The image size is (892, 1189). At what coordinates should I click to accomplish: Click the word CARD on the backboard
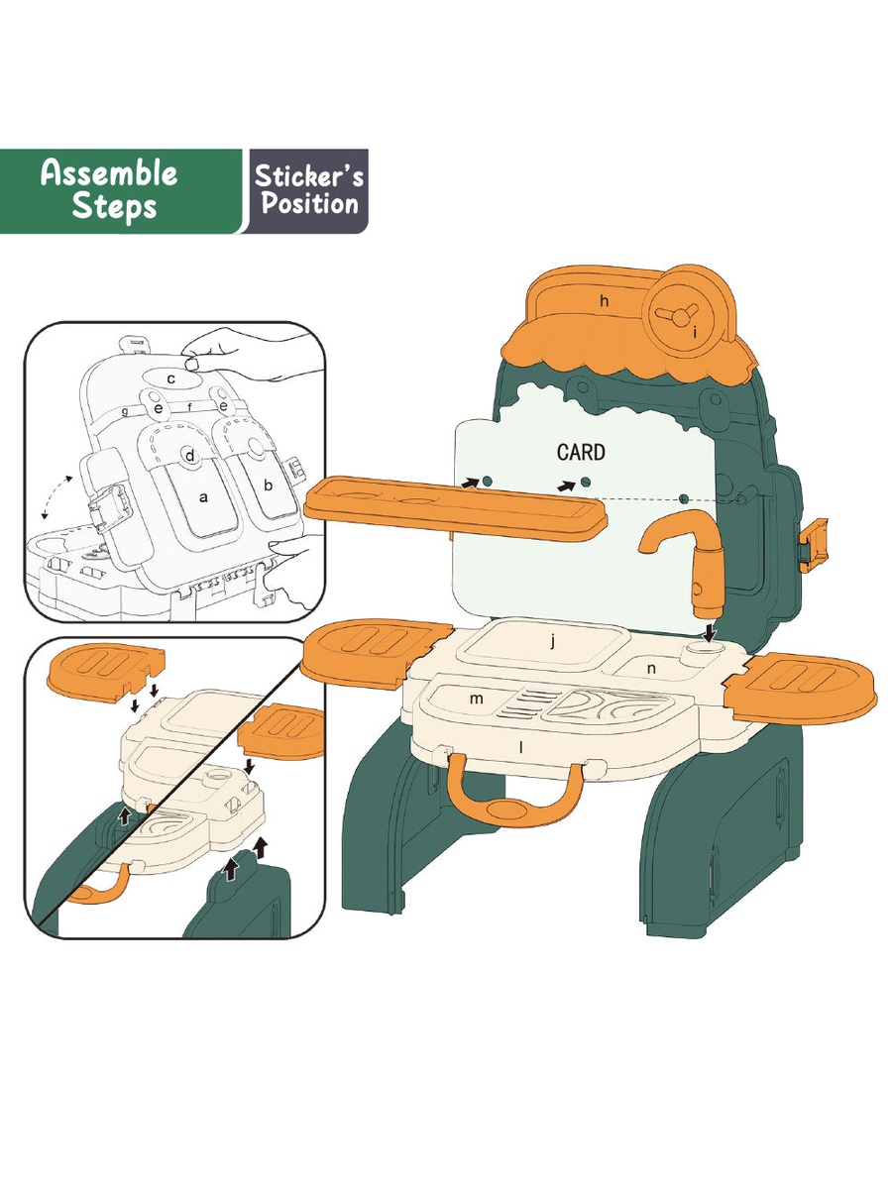pyautogui.click(x=581, y=452)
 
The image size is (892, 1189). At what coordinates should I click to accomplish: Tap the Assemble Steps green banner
pyautogui.click(x=120, y=191)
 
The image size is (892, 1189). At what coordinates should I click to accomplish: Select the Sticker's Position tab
pyautogui.click(x=308, y=191)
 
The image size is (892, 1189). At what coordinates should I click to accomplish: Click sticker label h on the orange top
pyautogui.click(x=605, y=300)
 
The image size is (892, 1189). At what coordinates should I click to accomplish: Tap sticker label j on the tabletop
pyautogui.click(x=552, y=642)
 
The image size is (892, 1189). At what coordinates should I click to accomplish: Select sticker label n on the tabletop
pyautogui.click(x=651, y=669)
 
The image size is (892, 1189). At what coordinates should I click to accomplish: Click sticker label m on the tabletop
pyautogui.click(x=476, y=699)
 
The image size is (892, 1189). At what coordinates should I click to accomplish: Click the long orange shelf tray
pyautogui.click(x=455, y=508)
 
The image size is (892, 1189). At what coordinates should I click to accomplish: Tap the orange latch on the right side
pyautogui.click(x=815, y=545)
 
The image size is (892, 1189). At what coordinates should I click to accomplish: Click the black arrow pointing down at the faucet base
pyautogui.click(x=710, y=632)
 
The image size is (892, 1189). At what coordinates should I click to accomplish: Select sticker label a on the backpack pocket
pyautogui.click(x=203, y=497)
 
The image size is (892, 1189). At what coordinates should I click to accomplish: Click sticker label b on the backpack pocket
pyautogui.click(x=268, y=486)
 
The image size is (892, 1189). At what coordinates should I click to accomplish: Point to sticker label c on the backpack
pyautogui.click(x=171, y=379)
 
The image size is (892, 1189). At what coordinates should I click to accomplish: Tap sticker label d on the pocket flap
pyautogui.click(x=189, y=456)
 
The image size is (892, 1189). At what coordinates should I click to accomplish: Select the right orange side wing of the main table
pyautogui.click(x=801, y=688)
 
